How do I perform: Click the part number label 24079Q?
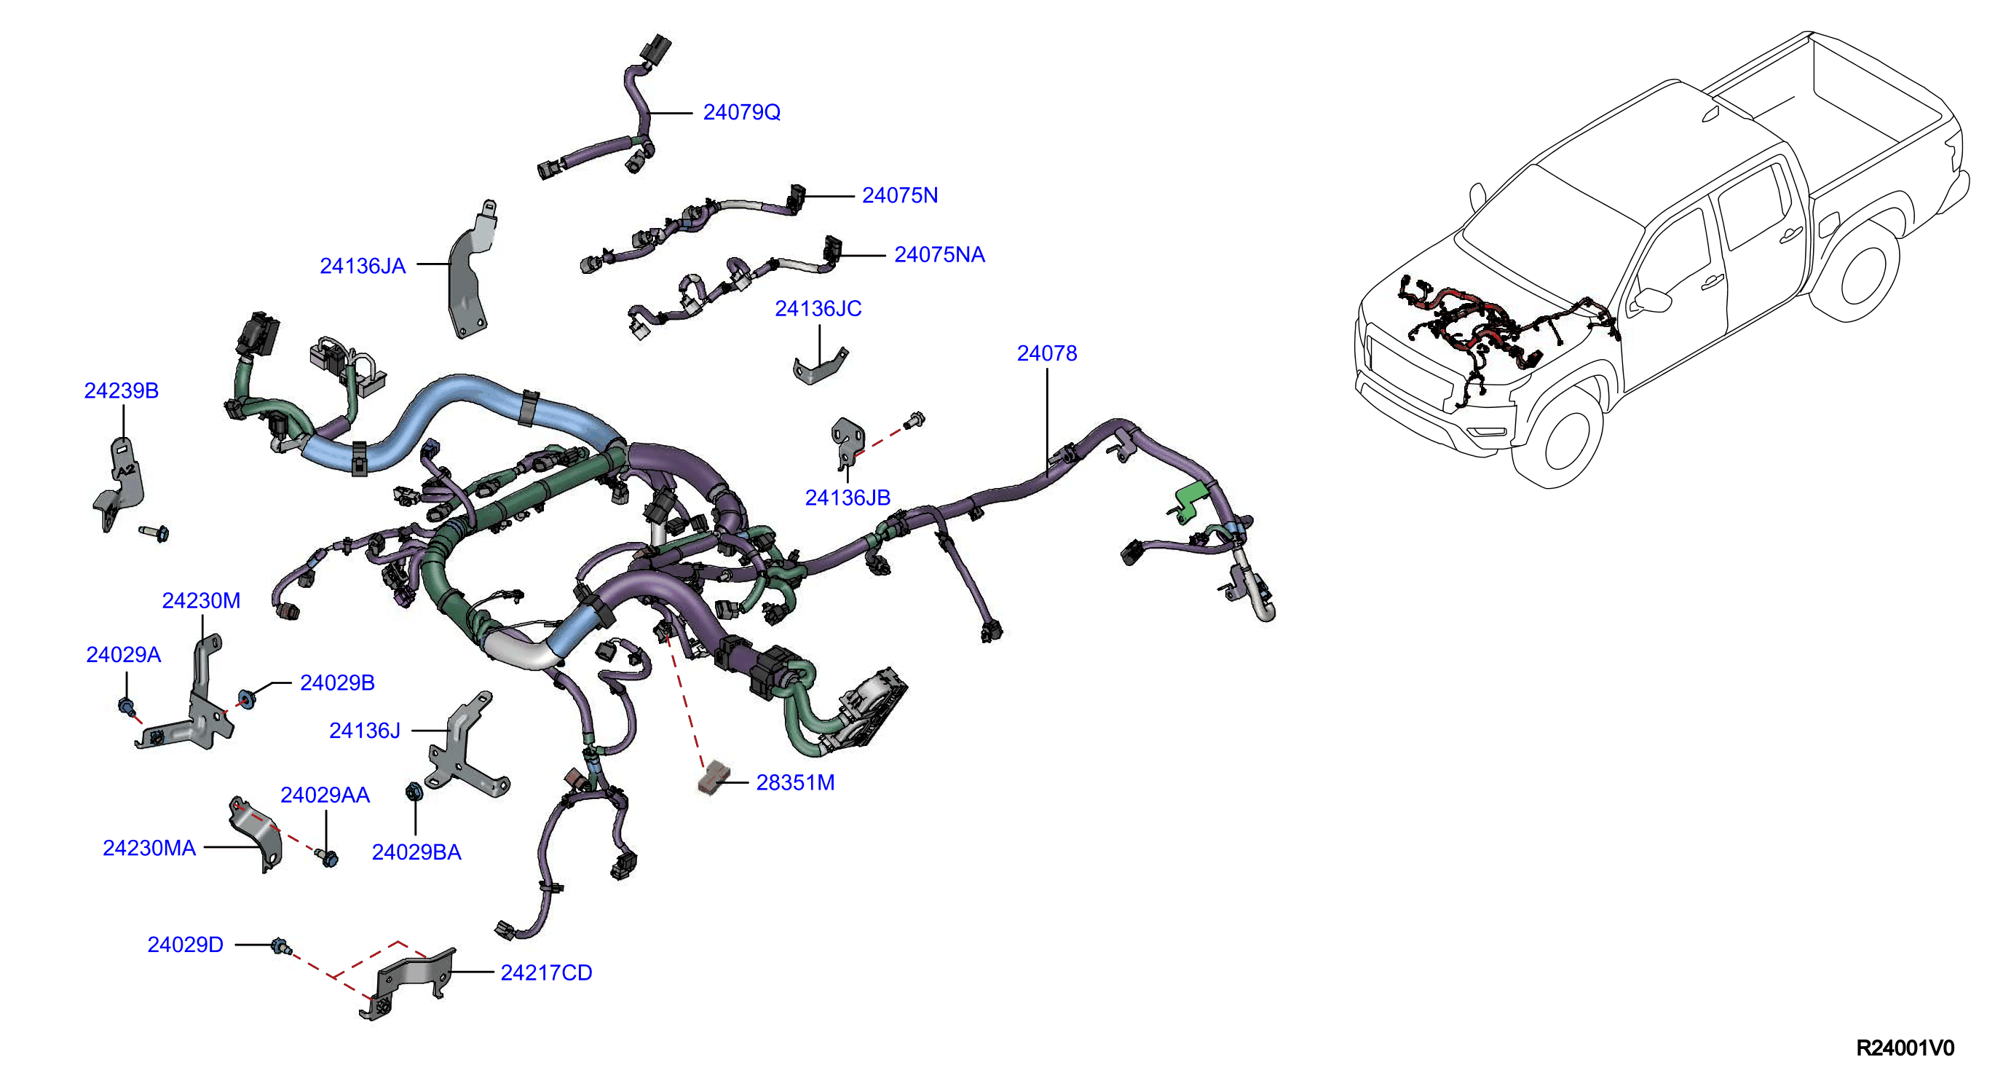tap(741, 112)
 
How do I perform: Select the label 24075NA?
tap(939, 255)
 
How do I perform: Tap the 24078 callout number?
tap(1046, 353)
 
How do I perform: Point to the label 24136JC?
tap(818, 308)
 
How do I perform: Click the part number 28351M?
tap(795, 782)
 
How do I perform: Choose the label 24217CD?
tap(546, 972)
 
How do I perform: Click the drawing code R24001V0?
tap(1905, 1047)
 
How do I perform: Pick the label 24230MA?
tap(149, 848)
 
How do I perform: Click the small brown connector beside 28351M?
tap(714, 777)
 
